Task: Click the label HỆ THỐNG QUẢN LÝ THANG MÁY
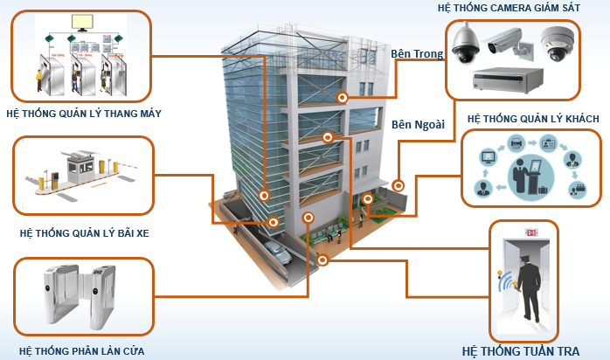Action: pyautogui.click(x=83, y=114)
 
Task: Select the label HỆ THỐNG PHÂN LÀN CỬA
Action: pyautogui.click(x=82, y=350)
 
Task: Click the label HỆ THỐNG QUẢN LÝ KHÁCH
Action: pyautogui.click(x=532, y=117)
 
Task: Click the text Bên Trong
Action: pyautogui.click(x=418, y=54)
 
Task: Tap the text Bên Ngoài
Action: pyautogui.click(x=419, y=124)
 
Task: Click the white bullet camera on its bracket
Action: pyautogui.click(x=507, y=39)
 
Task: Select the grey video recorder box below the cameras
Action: pyautogui.click(x=508, y=80)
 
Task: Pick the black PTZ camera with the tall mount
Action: pyautogui.click(x=465, y=44)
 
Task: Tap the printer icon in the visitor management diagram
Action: pyautogui.click(x=516, y=142)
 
